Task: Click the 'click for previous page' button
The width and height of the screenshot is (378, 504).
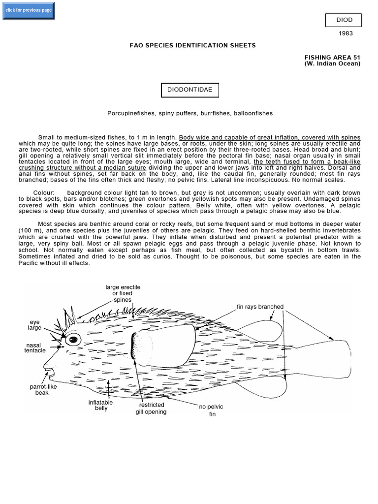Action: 29,10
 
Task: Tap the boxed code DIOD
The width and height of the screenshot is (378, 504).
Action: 343,20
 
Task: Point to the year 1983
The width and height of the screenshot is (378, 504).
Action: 346,33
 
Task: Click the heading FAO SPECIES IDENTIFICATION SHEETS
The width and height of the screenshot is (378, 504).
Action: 192,45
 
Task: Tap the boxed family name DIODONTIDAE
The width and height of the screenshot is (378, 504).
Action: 190,90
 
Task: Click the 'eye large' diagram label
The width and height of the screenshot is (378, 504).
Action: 34,325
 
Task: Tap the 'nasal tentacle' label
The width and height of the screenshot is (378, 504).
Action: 35,347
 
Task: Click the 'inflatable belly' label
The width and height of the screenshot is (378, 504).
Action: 100,406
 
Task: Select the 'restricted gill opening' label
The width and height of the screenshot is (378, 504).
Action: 151,409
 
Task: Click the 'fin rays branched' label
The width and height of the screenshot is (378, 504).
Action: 260,307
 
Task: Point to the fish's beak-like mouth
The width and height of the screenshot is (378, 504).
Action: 48,367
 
